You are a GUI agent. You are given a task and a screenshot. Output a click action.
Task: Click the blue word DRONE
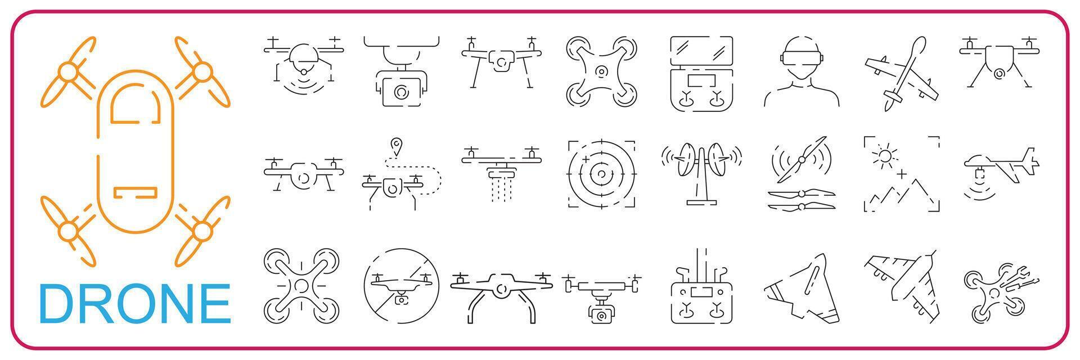pyautogui.click(x=134, y=304)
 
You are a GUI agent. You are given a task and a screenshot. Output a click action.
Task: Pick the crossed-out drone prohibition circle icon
pyautogui.click(x=400, y=286)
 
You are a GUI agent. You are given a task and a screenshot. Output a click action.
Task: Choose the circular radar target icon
pyautogui.click(x=601, y=174)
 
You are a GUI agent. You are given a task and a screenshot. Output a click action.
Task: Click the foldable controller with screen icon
pyautogui.click(x=701, y=73)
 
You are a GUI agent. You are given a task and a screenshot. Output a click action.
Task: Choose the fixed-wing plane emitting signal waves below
pyautogui.click(x=1001, y=169)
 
